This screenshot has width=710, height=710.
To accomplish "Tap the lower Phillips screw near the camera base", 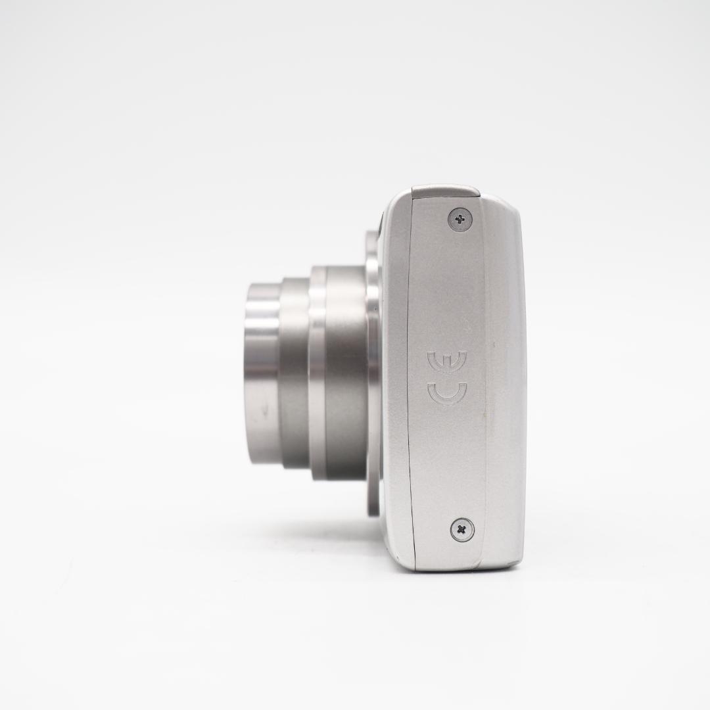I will [463, 529].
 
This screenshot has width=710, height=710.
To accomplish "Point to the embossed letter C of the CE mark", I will [447, 393].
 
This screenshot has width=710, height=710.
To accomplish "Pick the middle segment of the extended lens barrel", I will [295, 373].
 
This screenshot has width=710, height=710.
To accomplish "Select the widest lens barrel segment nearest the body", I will [345, 373].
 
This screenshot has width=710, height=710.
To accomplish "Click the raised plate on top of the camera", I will [445, 191].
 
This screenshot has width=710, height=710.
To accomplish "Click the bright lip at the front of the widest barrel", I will [318, 373].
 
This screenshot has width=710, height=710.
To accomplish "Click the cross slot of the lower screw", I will [463, 529].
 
